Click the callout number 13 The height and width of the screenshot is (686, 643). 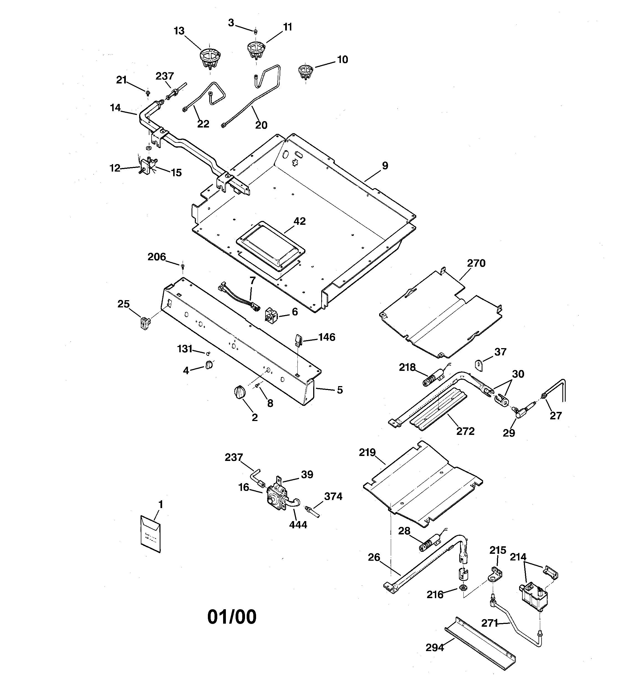(x=179, y=31)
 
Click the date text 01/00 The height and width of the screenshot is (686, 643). (x=232, y=617)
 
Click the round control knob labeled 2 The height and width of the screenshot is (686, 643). (x=240, y=393)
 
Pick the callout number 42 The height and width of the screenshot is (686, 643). (x=300, y=221)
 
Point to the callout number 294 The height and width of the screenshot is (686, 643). (x=435, y=648)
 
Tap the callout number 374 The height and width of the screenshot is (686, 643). (x=333, y=497)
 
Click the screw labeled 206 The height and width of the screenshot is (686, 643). (x=183, y=265)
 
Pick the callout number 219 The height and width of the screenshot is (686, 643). (x=367, y=452)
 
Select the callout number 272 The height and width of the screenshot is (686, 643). (x=465, y=431)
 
